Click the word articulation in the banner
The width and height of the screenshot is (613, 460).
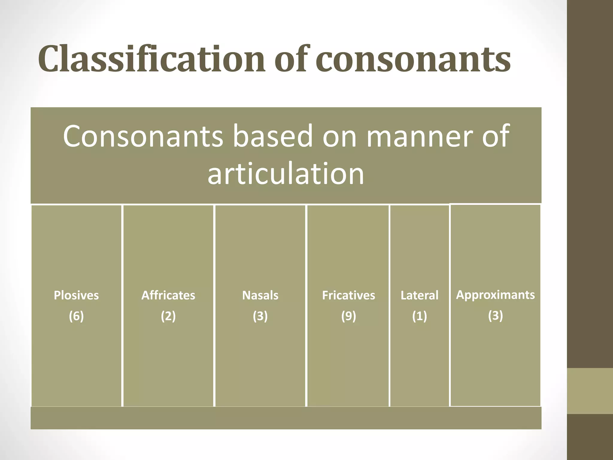286,174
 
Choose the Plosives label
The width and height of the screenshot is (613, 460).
76,295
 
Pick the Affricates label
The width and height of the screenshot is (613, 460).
168,295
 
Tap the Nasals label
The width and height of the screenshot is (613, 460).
260,295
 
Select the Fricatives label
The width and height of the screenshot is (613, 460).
348,295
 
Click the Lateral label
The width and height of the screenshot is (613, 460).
419,295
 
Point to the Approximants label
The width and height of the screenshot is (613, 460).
495,295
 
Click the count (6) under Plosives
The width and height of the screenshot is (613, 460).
76,316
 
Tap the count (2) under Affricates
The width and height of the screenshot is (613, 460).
168,316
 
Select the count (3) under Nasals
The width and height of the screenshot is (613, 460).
260,316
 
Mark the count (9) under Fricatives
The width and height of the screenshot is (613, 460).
348,316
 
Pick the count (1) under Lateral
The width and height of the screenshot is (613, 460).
419,316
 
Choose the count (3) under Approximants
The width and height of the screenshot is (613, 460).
495,315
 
